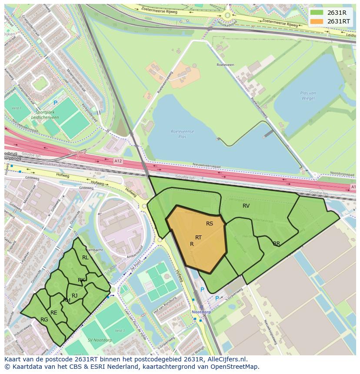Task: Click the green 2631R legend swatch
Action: [x=317, y=13]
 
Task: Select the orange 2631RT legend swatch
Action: [x=317, y=21]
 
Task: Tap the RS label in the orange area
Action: [x=210, y=224]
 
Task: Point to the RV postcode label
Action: [x=246, y=206]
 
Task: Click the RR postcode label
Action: [x=277, y=244]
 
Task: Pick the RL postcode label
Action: [x=85, y=258]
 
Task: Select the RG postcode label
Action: [x=44, y=320]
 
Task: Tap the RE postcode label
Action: [x=54, y=312]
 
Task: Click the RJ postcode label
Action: [x=74, y=296]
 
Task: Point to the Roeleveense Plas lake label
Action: [x=183, y=133]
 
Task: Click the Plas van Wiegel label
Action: [x=308, y=96]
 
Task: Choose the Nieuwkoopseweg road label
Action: [x=270, y=332]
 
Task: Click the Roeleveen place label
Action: [x=225, y=65]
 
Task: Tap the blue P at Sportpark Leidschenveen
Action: [x=55, y=103]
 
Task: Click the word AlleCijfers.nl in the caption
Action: [x=227, y=360]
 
